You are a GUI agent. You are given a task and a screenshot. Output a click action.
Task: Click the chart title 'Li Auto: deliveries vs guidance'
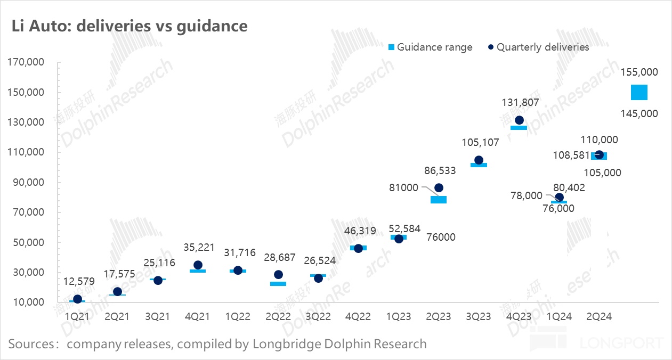129,26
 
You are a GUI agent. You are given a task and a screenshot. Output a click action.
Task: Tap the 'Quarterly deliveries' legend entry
538,47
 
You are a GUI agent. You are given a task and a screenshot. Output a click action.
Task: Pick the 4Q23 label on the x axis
519,317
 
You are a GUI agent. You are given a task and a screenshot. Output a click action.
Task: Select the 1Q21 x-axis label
77,317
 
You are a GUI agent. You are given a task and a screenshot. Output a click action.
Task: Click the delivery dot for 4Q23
519,120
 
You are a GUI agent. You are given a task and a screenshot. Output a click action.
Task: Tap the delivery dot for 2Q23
439,187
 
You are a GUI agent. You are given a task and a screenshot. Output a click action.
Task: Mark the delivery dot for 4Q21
198,265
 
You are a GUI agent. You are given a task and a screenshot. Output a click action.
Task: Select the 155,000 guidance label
639,72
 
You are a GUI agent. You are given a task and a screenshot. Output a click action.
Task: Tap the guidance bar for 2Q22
278,284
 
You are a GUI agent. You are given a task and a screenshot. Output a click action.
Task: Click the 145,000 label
639,113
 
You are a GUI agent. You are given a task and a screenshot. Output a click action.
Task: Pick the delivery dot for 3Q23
479,160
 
